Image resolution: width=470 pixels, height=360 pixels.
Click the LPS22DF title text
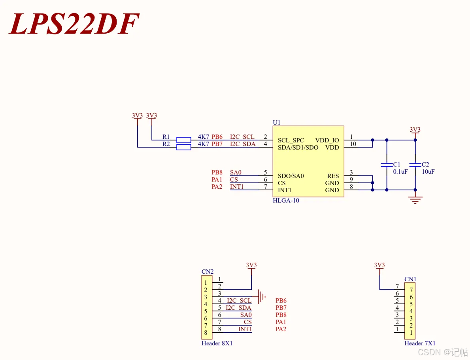tap(74, 24)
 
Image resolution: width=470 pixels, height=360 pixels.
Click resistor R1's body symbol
tap(183, 140)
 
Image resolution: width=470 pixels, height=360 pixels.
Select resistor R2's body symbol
tap(183, 147)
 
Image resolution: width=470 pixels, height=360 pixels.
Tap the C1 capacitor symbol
tap(387, 165)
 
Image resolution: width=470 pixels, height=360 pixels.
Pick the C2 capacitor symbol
tap(415, 165)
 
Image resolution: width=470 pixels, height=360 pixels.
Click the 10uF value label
tap(428, 172)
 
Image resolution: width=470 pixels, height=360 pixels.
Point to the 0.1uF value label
tap(400, 172)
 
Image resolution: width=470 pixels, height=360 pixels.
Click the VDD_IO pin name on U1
tap(327, 140)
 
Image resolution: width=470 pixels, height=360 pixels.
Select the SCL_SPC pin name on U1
tap(291, 140)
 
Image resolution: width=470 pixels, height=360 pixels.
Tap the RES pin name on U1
tap(333, 176)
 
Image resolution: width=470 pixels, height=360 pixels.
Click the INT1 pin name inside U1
tap(285, 190)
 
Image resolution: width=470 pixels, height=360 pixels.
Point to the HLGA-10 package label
tap(286, 201)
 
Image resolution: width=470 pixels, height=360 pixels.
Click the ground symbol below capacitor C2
tap(415, 199)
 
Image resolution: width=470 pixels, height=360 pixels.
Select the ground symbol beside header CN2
tap(261, 295)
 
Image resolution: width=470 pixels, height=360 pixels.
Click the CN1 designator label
tap(410, 279)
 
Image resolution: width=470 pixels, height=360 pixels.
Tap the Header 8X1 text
tap(217, 343)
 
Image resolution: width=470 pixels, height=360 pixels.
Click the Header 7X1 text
tap(420, 343)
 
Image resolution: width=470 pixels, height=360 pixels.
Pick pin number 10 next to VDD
tap(353, 144)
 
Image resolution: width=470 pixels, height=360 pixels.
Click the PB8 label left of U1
tap(217, 172)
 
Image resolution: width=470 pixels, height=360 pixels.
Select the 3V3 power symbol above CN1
tap(379, 266)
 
